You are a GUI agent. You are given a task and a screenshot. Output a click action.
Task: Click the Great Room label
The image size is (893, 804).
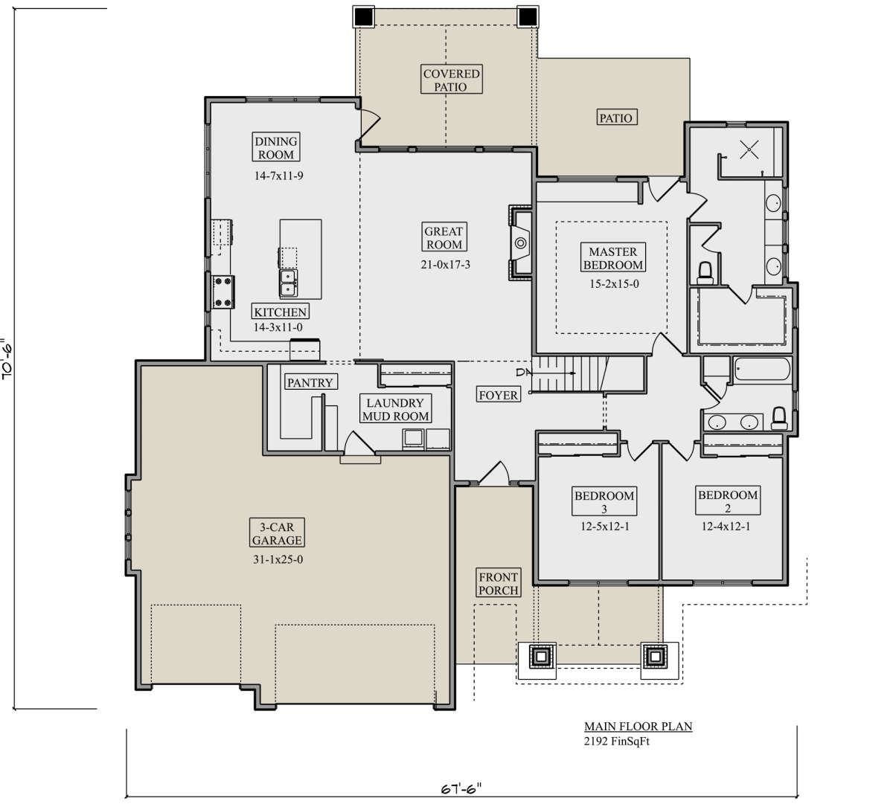pos(444,237)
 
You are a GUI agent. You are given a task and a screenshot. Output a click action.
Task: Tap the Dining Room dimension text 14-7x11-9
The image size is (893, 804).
pos(278,176)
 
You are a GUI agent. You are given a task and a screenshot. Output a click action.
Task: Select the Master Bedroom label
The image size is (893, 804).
pos(613,257)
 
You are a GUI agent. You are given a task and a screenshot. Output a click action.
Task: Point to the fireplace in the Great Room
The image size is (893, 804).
pos(520,243)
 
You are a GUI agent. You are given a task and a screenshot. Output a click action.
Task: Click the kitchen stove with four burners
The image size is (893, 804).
pos(223,292)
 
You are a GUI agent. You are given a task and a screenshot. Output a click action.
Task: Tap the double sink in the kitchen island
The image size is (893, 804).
pos(289,283)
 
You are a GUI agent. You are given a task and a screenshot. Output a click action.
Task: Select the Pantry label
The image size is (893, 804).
pos(310,382)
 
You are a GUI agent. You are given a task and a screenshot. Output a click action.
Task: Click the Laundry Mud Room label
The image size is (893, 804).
pos(395,409)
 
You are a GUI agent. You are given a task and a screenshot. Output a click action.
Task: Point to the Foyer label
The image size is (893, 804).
pos(499,395)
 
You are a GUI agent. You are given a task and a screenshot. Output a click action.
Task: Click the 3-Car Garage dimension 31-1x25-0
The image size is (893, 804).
pos(278,560)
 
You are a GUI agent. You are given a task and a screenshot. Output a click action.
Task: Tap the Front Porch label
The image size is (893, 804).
pos(498,583)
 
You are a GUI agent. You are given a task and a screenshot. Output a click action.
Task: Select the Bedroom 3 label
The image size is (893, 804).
pos(604,501)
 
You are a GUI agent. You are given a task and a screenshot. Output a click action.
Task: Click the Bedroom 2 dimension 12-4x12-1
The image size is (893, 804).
pos(726,527)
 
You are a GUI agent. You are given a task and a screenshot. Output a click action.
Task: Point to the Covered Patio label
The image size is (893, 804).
pos(452,80)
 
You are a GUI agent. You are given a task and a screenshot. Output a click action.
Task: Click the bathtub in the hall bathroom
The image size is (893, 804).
pos(762,370)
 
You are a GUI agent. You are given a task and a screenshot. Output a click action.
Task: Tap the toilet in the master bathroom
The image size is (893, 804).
pos(705,273)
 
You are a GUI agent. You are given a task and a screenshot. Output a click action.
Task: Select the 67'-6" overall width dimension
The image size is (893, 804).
pos(461,789)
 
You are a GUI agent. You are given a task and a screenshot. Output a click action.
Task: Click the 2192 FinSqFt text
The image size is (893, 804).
pos(617,742)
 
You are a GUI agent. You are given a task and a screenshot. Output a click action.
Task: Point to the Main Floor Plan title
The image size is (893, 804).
pos(638,727)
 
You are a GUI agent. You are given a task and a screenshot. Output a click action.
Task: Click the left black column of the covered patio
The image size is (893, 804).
pos(364,17)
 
